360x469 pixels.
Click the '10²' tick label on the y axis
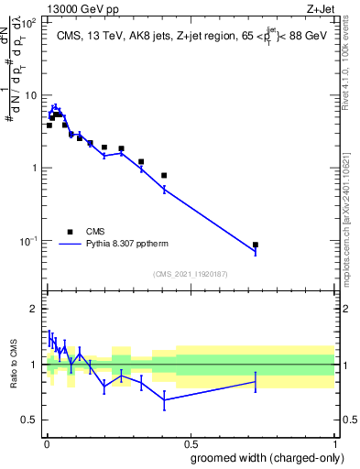click(x=29, y=23)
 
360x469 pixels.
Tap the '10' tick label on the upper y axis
click(x=31, y=95)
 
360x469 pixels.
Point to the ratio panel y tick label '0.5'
click(x=29, y=420)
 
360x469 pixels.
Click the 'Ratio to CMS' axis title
click(x=13, y=364)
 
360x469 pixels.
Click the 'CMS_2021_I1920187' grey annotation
click(x=190, y=274)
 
